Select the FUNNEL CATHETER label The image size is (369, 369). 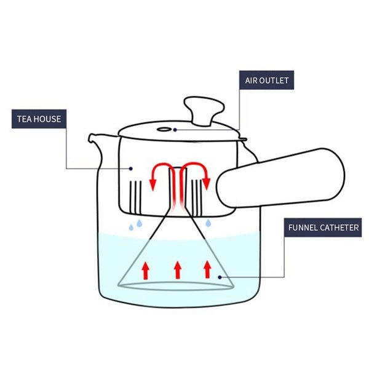(323, 228)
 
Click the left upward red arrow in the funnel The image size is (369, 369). (146, 269)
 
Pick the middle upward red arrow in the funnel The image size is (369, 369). (178, 269)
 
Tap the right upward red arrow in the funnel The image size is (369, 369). (207, 269)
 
